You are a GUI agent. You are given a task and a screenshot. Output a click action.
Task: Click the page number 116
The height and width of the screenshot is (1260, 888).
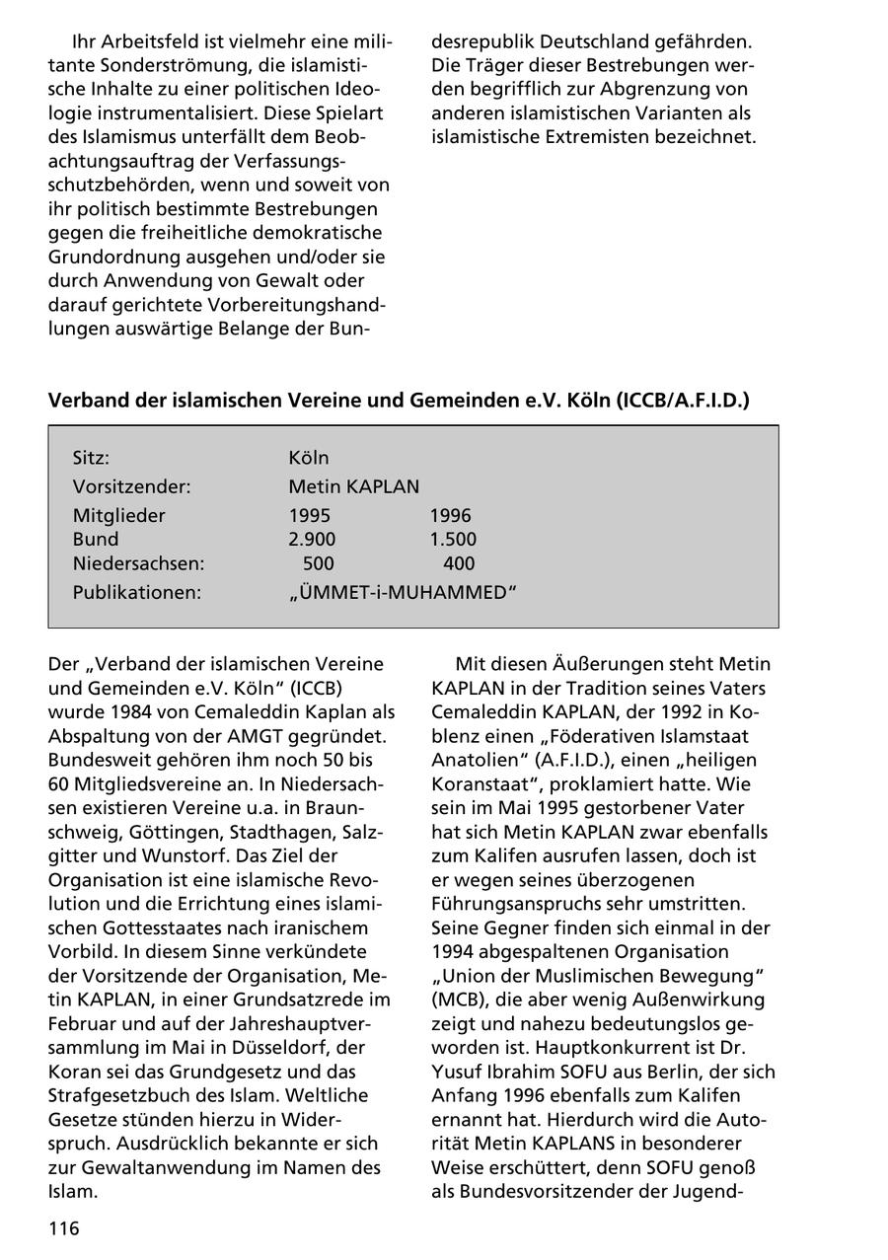[x=63, y=1228]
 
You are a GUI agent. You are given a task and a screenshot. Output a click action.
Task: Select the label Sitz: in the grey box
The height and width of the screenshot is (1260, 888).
[x=91, y=458]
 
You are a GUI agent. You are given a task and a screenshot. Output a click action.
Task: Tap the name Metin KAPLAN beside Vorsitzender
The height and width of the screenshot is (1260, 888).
[x=353, y=486]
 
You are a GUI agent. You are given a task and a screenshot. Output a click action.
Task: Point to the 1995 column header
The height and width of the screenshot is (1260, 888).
[x=309, y=515]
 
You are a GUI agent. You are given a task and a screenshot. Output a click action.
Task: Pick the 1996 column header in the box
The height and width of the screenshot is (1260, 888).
[x=450, y=515]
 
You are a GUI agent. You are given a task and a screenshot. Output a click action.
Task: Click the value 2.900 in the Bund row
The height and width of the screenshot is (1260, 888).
[x=312, y=540]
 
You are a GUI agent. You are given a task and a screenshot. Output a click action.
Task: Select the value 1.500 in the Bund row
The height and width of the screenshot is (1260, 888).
[x=452, y=540]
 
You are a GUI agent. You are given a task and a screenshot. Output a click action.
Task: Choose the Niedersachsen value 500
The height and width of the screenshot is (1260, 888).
[x=318, y=564]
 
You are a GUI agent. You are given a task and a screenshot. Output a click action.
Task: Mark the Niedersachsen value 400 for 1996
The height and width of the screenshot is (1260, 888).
[x=458, y=564]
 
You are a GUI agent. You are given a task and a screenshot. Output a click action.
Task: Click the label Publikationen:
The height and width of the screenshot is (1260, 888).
[x=136, y=593]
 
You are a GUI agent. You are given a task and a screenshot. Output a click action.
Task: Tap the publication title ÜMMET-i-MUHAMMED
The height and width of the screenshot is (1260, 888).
[x=403, y=593]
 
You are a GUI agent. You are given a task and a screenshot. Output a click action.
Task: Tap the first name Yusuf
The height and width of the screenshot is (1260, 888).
[x=458, y=1072]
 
